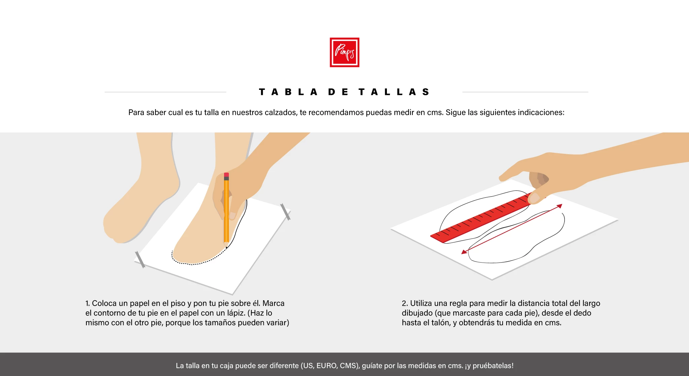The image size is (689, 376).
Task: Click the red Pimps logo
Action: tap(344, 52)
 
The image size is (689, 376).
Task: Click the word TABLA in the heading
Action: tap(288, 92)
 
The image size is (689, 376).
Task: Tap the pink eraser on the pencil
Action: tap(226, 175)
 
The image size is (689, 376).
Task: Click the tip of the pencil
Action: tap(226, 247)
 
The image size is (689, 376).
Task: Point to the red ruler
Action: tap(481, 217)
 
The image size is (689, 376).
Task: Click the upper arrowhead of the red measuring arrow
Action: tap(559, 206)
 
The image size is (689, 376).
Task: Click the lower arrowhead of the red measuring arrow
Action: tap(464, 252)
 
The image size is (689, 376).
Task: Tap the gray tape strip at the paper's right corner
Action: tap(285, 212)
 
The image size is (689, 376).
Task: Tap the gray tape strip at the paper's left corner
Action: tap(140, 260)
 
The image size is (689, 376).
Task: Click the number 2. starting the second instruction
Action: tap(405, 303)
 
